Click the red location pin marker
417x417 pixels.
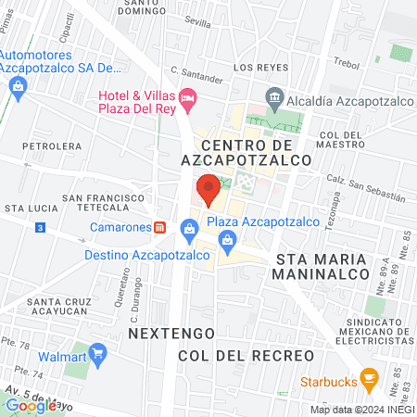208,188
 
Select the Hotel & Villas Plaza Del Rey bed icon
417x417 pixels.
188,96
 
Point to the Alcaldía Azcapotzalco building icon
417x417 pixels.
274,96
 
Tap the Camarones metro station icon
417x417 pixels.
160,227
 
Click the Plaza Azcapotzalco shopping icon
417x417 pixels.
190,226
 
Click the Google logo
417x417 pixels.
31,405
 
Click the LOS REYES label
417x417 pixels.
255,68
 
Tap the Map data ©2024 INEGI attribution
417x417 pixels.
361,409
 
